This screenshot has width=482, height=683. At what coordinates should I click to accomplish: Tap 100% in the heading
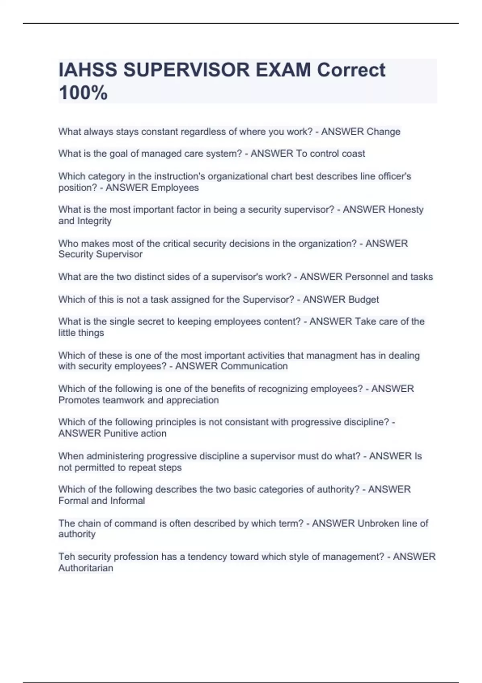(x=83, y=93)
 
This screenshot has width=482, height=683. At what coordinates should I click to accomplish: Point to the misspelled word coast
(x=353, y=153)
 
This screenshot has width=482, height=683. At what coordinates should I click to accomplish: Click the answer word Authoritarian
(x=86, y=568)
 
